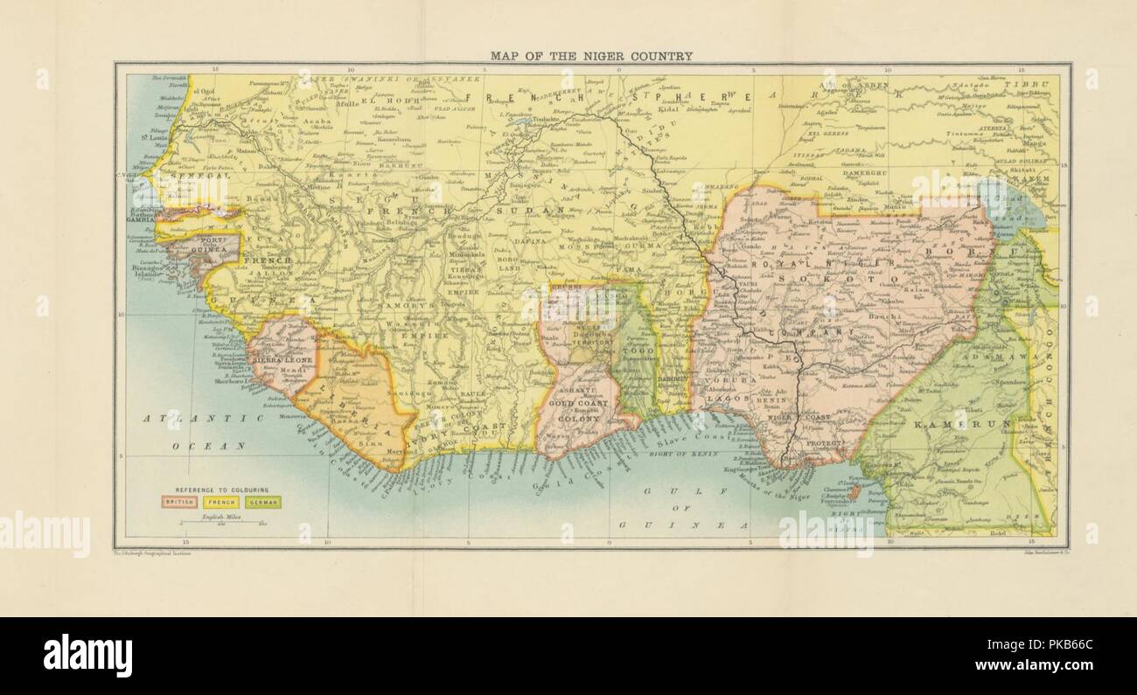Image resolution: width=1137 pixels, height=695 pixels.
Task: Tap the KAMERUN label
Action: [x=960, y=424]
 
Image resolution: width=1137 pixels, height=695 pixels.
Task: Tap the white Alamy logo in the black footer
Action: [x=87, y=656]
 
